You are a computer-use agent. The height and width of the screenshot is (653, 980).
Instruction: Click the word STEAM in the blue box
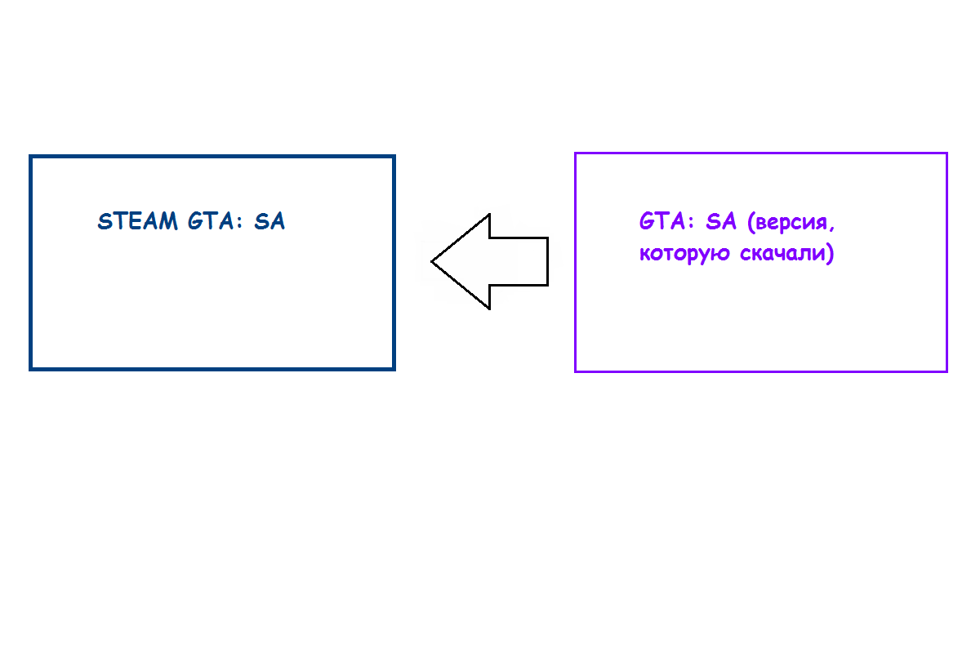[137, 221]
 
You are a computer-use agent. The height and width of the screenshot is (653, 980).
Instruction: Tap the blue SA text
[270, 221]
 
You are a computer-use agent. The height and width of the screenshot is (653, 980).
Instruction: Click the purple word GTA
[662, 221]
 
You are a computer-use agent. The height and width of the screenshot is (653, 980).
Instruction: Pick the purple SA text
[721, 221]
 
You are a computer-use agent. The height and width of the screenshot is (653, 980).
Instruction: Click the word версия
[791, 222]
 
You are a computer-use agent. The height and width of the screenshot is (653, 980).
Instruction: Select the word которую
[684, 254]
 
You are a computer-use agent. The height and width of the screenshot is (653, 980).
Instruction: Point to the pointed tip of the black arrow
[432, 261]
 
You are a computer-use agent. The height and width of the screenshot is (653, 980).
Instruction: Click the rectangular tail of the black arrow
[519, 261]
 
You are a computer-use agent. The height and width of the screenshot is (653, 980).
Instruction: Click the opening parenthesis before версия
[751, 222]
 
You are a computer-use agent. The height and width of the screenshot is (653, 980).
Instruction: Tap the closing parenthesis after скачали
[830, 254]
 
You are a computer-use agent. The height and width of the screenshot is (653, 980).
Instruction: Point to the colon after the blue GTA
[238, 223]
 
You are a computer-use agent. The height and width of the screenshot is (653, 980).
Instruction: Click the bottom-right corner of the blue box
[394, 370]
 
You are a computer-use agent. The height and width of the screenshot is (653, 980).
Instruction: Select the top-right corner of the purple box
[947, 153]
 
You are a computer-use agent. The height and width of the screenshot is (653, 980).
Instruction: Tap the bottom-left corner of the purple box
[575, 371]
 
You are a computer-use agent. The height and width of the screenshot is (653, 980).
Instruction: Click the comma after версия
[831, 229]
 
